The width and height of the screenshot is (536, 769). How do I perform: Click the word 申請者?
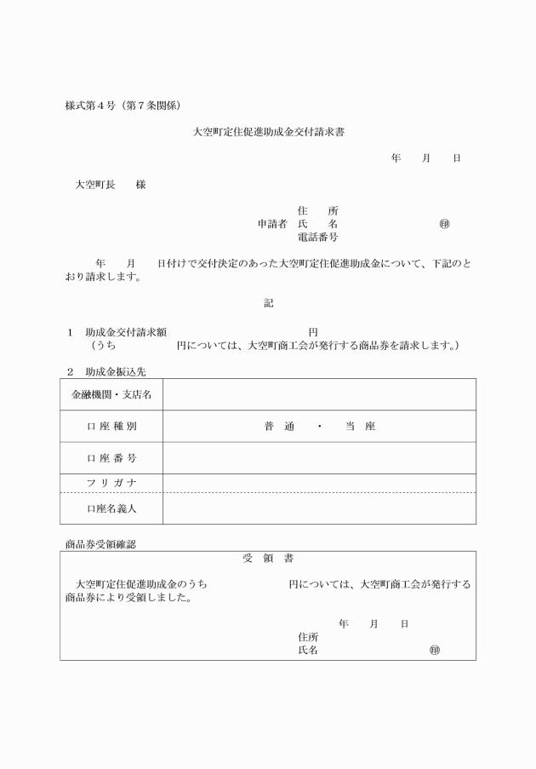pos(272,224)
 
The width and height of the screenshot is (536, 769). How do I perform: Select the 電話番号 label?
pos(317,237)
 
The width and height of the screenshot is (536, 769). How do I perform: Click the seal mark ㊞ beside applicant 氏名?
pos(444,224)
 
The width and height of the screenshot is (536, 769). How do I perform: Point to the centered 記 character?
pos(268,302)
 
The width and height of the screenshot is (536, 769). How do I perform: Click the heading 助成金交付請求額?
pos(125,332)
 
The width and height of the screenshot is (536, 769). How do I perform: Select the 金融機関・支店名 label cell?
pos(111,394)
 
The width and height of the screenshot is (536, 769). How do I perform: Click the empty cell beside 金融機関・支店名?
pos(319,394)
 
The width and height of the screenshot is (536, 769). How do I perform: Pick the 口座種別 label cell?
pos(111,427)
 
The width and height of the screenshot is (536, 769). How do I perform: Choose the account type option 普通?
pos(278,427)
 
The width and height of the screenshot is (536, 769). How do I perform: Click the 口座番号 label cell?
pos(111,458)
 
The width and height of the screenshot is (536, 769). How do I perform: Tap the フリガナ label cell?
pos(111,483)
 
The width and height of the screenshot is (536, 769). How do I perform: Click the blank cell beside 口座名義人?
pos(319,508)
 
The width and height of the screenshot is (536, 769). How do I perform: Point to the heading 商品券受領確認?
pos(100,543)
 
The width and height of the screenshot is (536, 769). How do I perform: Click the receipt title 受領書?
pos(268,559)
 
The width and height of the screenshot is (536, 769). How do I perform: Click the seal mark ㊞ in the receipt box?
pos(435,650)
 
